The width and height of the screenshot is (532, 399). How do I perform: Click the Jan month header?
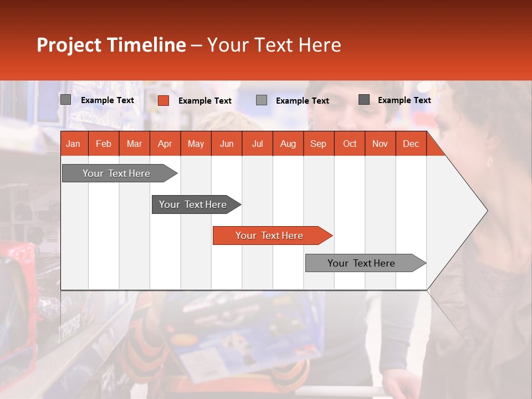tap(73, 144)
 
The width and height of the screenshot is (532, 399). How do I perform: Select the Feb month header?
tap(104, 144)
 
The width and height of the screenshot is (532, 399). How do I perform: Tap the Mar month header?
tap(134, 144)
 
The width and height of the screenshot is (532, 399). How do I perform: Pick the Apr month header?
tap(165, 144)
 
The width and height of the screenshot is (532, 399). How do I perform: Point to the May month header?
tap(196, 144)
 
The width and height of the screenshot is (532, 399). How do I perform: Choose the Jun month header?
tap(227, 144)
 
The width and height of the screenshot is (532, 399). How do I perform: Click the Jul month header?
tap(257, 144)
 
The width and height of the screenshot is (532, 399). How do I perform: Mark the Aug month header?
tap(288, 144)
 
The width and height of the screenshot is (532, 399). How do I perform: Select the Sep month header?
tap(319, 144)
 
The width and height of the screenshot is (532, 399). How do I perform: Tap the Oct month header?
tap(350, 144)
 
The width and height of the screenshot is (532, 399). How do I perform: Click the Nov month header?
tap(380, 144)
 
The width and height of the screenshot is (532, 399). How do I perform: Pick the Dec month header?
tap(411, 144)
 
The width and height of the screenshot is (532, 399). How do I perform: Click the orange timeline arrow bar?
tap(270, 236)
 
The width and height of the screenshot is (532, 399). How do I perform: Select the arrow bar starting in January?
tap(117, 173)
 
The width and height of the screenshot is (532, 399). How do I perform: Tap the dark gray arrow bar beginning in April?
tap(193, 204)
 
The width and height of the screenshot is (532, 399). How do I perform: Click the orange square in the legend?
tap(163, 100)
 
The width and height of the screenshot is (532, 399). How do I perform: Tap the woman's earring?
tap(489, 162)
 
